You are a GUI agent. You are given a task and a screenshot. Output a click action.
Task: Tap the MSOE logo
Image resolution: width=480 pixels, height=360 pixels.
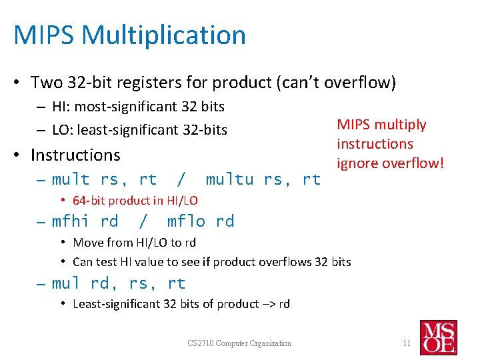pos(438,337)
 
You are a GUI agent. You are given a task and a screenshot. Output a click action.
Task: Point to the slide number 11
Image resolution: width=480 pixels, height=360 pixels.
pos(406,343)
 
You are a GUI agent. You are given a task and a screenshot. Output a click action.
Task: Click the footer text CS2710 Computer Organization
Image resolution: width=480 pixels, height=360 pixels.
pos(239,343)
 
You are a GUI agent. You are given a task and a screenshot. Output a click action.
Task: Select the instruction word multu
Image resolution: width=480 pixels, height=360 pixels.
pos(229,179)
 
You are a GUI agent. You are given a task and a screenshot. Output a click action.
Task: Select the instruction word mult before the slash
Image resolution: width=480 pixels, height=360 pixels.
pos(71,179)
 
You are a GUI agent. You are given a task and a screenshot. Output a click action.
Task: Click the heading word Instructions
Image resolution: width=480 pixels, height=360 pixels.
pos(75,155)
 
